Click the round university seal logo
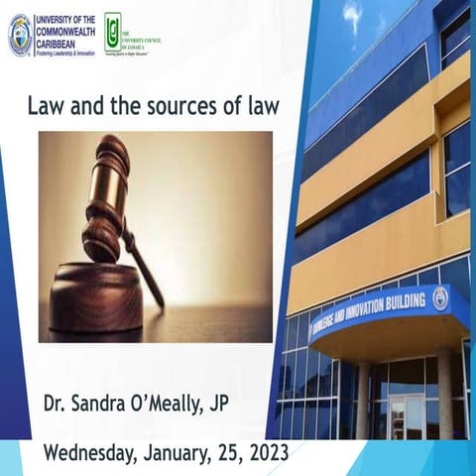pyautogui.click(x=20, y=35)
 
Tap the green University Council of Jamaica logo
pyautogui.click(x=113, y=32)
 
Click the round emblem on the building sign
pyautogui.click(x=439, y=297)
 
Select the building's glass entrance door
pyautogui.click(x=407, y=416)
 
